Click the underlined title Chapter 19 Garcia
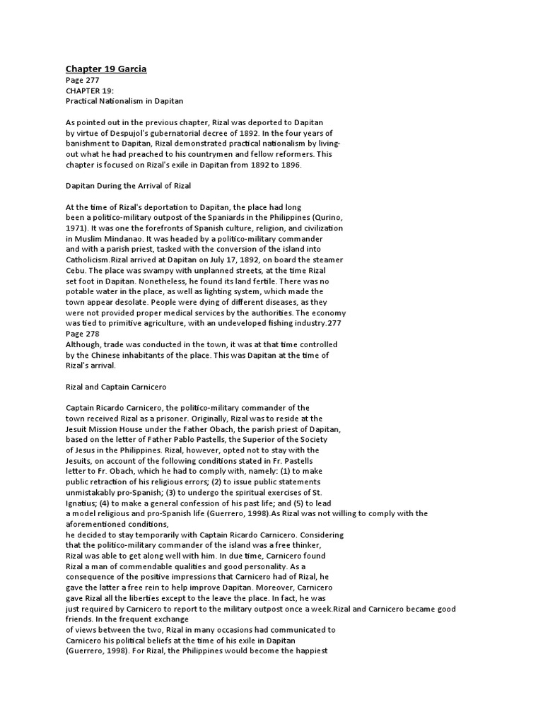106,69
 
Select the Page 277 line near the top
82,81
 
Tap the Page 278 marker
82,334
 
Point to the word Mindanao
129,239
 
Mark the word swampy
151,271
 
